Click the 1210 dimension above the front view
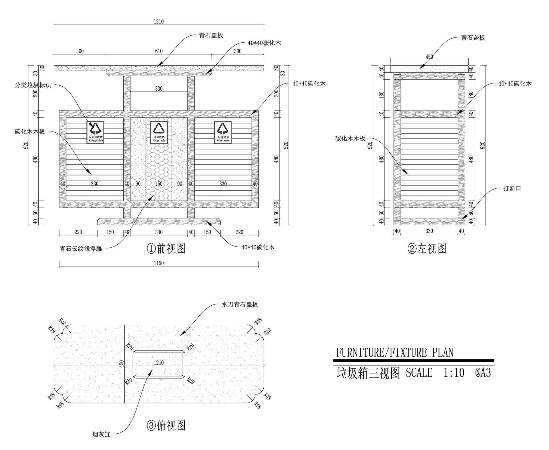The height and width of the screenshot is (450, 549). tap(159, 22)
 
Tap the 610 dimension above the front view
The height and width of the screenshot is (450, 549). tap(159, 51)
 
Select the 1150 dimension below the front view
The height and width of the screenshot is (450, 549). tap(159, 263)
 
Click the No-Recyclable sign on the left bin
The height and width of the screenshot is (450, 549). tap(96, 132)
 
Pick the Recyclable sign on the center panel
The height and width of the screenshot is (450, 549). tap(159, 132)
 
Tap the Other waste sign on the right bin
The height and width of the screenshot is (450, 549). tap(223, 132)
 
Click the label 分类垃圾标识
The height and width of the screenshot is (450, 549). tap(33, 85)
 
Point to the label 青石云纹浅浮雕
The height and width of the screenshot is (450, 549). tap(81, 249)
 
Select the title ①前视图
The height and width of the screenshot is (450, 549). tap(166, 248)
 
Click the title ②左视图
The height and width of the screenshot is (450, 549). tap(427, 248)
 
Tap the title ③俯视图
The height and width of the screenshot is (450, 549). tap(166, 426)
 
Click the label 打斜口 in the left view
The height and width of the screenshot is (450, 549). tap(512, 188)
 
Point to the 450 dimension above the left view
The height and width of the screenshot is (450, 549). tap(429, 57)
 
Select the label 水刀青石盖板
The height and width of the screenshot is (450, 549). tap(240, 304)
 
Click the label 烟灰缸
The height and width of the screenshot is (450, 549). tap(101, 443)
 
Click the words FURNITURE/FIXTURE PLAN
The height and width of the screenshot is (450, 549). tap(395, 353)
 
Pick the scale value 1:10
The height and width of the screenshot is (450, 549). tap(454, 373)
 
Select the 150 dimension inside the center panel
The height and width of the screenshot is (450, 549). tap(159, 184)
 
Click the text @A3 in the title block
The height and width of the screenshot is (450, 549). tap(483, 373)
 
